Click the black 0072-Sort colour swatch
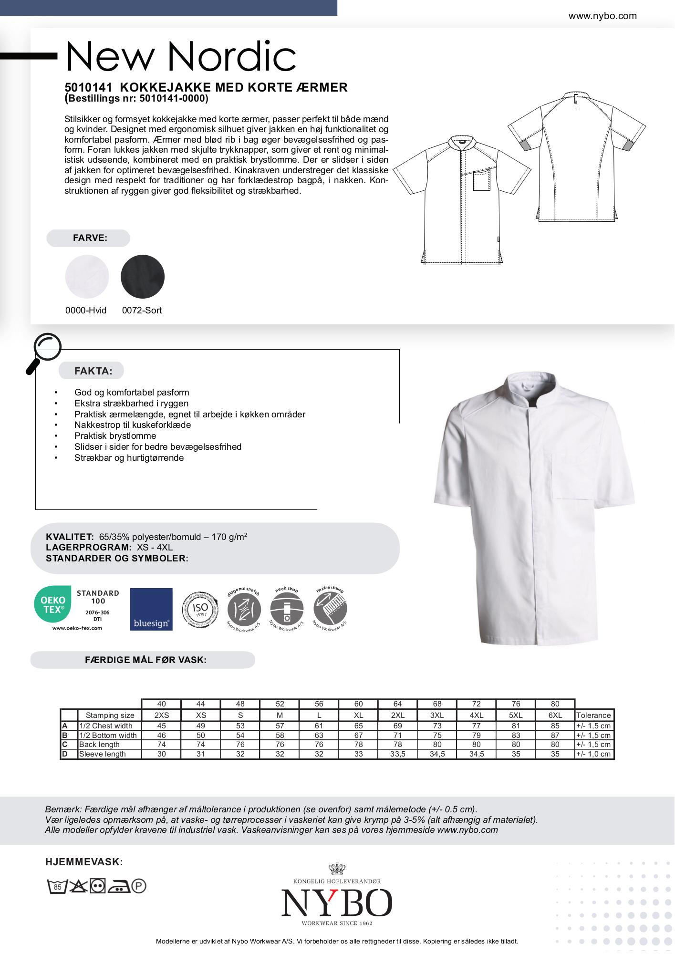(142, 277)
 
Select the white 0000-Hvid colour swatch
(87, 277)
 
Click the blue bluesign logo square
(151, 609)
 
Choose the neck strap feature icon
(287, 610)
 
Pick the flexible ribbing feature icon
(330, 609)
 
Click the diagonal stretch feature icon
(244, 610)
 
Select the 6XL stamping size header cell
(555, 715)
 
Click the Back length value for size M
(280, 744)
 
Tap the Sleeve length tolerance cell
(593, 754)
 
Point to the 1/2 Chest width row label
(106, 726)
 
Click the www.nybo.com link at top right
(602, 16)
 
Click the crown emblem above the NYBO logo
(337, 868)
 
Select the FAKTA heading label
(93, 371)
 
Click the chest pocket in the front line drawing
(482, 182)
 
